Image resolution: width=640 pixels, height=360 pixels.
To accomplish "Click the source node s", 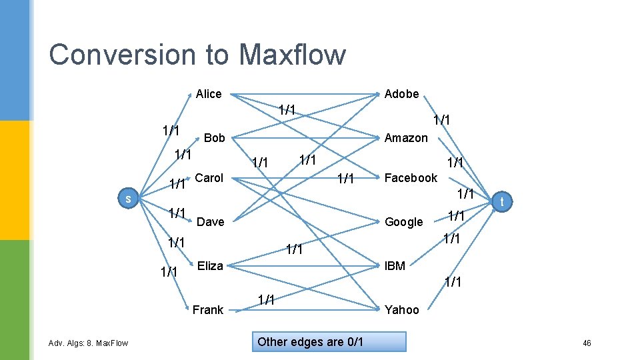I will coord(128,199).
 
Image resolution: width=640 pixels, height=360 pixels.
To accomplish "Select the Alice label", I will coord(209,94).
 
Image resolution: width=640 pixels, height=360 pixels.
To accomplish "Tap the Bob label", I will coord(215,138).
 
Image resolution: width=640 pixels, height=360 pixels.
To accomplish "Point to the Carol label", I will coord(209,178).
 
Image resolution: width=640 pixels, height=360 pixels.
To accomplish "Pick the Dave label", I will coord(211,222).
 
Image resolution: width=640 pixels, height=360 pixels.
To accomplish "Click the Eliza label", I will coord(210,266).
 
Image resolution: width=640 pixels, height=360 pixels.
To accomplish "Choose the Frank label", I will coord(208,310).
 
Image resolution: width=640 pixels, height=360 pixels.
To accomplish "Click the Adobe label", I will coord(402,94).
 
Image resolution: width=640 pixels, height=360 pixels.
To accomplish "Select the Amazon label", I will coord(406,138).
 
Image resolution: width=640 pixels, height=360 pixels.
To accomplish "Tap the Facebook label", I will coord(411,178).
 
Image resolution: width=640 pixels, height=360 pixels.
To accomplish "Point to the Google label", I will coord(404,222).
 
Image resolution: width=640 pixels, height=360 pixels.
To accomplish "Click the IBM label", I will coord(395,266).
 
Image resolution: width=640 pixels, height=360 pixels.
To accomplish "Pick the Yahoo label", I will coord(402,310).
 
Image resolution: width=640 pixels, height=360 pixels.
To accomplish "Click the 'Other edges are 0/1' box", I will coord(311,342).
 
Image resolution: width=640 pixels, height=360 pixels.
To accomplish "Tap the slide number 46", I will coord(587,343).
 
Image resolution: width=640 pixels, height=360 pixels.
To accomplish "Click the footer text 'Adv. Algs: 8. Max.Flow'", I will coord(88,343).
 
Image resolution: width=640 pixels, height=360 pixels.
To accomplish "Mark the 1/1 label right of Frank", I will coord(266,299).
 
